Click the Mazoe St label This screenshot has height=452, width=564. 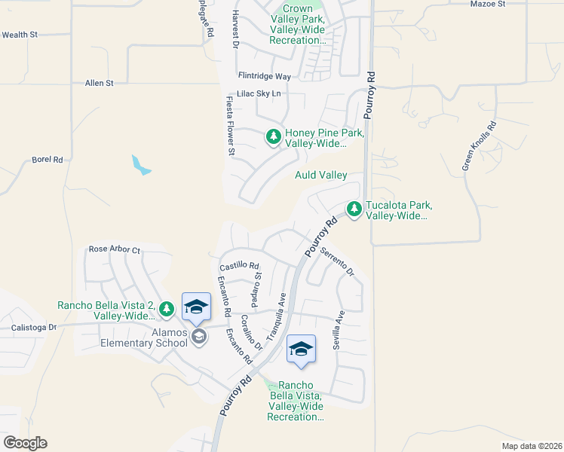[509, 5]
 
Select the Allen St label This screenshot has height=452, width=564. [99, 83]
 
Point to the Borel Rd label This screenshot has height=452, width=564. [47, 160]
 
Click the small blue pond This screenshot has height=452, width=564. [140, 165]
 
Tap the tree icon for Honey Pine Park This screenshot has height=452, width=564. [273, 137]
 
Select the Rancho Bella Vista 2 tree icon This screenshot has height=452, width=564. [167, 308]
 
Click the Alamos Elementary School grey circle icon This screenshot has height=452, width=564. [199, 336]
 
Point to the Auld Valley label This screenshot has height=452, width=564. [321, 176]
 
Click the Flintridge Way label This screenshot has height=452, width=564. [264, 77]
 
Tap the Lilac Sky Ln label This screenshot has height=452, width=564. [259, 93]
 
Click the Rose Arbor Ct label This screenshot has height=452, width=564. [115, 249]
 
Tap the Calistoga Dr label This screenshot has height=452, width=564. [33, 328]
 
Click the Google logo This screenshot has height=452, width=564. [25, 443]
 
